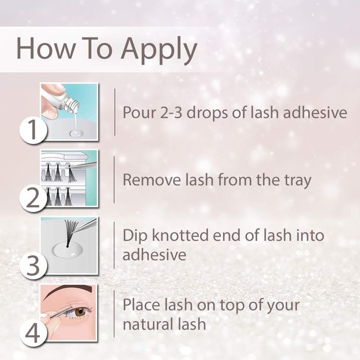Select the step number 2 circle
[x=33, y=198]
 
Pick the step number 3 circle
[x=32, y=265]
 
